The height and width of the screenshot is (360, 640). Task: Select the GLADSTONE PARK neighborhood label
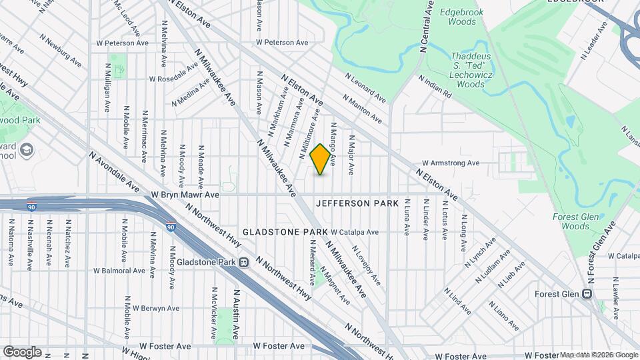click(x=285, y=231)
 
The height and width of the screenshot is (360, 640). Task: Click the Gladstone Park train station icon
click(x=244, y=262)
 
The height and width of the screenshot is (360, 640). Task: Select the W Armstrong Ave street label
click(x=451, y=163)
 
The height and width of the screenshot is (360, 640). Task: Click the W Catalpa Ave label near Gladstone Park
click(x=355, y=232)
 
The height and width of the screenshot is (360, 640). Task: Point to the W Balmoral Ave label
click(x=119, y=271)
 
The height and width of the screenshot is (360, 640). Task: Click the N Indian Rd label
click(x=436, y=87)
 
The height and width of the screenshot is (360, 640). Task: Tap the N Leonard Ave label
click(x=365, y=88)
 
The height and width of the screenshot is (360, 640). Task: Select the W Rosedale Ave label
click(x=174, y=78)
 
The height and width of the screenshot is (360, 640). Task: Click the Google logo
click(x=22, y=351)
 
